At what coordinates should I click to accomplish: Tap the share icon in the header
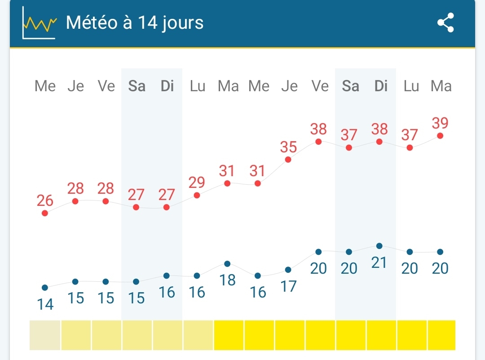(x=445, y=22)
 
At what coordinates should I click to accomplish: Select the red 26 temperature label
(x=45, y=200)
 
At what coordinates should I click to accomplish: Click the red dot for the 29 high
(x=197, y=195)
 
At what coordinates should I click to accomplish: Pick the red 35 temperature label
(x=289, y=147)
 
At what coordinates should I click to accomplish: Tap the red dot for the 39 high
(x=440, y=136)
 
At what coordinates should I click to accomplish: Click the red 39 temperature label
(x=440, y=123)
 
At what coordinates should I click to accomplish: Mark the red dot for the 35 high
(x=288, y=160)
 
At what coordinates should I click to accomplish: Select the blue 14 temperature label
(x=45, y=305)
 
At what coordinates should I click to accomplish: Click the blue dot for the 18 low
(x=227, y=264)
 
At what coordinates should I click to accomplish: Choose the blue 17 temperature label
(x=288, y=286)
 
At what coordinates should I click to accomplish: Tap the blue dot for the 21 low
(x=379, y=246)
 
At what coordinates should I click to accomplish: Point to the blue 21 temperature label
(x=379, y=262)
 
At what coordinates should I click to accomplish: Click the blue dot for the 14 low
(x=45, y=288)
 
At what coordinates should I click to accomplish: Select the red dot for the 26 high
(x=45, y=213)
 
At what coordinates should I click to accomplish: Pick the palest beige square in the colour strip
(x=45, y=335)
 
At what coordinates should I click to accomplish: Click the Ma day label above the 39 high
(x=441, y=86)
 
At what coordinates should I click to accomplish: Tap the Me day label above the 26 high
(x=45, y=86)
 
